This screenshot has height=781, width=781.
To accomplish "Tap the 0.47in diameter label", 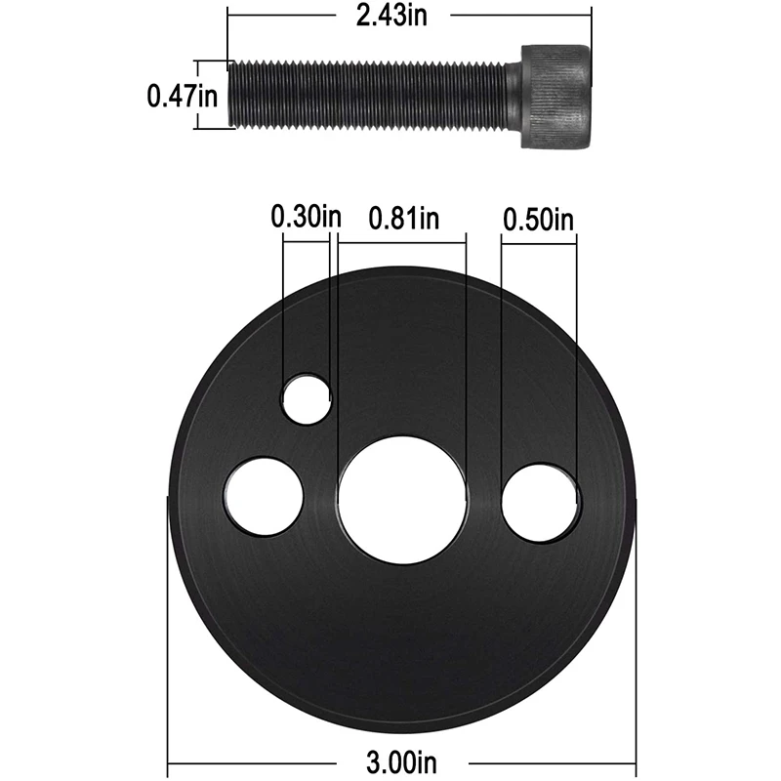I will (182, 96).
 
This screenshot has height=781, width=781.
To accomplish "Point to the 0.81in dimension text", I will (403, 219).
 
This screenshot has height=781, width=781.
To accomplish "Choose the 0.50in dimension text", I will (538, 219).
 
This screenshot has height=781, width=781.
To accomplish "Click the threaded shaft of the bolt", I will (371, 95).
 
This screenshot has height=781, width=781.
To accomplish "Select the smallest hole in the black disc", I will (307, 397).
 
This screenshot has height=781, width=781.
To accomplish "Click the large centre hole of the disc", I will (404, 499).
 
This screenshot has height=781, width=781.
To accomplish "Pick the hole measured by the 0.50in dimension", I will (541, 502).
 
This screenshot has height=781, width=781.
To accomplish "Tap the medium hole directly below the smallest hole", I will (265, 495).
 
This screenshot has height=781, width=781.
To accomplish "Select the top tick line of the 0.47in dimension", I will (213, 62).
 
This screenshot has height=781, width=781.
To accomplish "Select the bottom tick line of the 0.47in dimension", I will (213, 128).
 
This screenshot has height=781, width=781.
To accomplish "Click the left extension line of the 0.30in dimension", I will (282, 312).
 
